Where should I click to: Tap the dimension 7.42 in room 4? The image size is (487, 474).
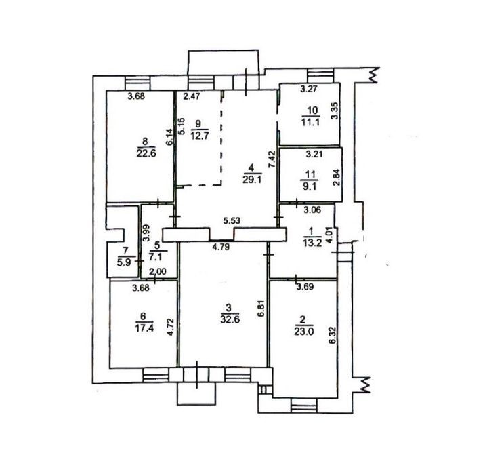pos(272,159)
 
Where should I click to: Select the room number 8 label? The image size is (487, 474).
pos(145,142)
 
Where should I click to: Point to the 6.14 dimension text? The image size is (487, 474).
pos(169,137)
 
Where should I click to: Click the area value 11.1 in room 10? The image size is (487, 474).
pos(310,121)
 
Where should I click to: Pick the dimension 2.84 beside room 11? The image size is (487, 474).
pos(337,177)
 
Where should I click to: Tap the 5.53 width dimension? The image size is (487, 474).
pos(232,221)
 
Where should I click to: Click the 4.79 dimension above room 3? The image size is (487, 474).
pos(221,248)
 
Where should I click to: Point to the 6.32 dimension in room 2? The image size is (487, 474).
pos(333,335)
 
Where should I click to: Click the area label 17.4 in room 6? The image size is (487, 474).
pos(145,328)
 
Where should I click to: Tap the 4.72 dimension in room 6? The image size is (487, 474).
pos(169,328)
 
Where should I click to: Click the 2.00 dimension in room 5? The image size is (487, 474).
pos(157,272)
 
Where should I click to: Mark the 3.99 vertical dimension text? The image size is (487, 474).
pos(146,233)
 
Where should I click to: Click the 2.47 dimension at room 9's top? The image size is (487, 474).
pos(191,96)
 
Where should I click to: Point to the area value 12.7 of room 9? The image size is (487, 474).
pos(199,136)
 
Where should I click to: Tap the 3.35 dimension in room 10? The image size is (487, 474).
pos(335,111)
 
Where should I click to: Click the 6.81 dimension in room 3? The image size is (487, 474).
pos(261,308)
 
